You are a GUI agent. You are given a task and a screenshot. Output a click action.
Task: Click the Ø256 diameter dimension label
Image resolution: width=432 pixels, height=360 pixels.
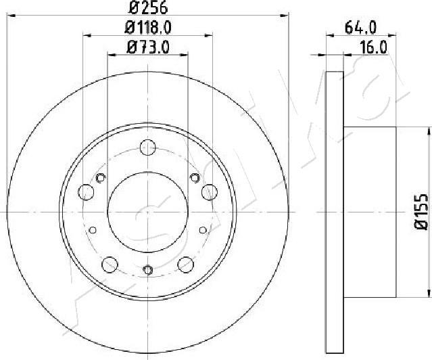148,9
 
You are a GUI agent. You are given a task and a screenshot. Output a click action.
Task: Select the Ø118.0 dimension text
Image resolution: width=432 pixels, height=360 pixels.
148,28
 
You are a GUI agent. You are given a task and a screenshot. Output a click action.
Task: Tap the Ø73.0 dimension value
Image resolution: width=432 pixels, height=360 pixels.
148,47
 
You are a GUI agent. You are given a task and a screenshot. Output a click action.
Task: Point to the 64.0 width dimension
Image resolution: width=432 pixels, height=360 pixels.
360,28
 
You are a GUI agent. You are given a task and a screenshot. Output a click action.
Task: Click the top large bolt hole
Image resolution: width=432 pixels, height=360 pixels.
147,147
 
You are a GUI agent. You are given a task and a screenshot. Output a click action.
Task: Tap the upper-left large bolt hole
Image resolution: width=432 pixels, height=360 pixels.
86,192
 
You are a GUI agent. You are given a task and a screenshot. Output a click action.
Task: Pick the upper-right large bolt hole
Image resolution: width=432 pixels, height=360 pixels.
208,192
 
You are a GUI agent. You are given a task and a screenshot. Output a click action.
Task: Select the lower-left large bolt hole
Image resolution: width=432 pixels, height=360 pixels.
109,264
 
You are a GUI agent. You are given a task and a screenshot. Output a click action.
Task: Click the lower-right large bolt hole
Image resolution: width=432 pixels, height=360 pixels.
185,264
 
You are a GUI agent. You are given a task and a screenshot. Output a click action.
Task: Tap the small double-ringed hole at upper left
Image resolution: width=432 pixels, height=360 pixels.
101,178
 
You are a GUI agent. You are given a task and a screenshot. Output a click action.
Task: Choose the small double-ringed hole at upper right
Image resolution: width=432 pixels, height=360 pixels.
194,178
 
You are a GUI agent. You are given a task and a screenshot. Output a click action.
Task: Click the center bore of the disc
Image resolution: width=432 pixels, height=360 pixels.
147,212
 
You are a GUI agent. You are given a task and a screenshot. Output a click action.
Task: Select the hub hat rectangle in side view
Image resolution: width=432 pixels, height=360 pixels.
370,212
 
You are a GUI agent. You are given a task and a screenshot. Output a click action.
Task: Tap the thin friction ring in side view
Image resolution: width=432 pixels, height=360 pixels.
335,212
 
